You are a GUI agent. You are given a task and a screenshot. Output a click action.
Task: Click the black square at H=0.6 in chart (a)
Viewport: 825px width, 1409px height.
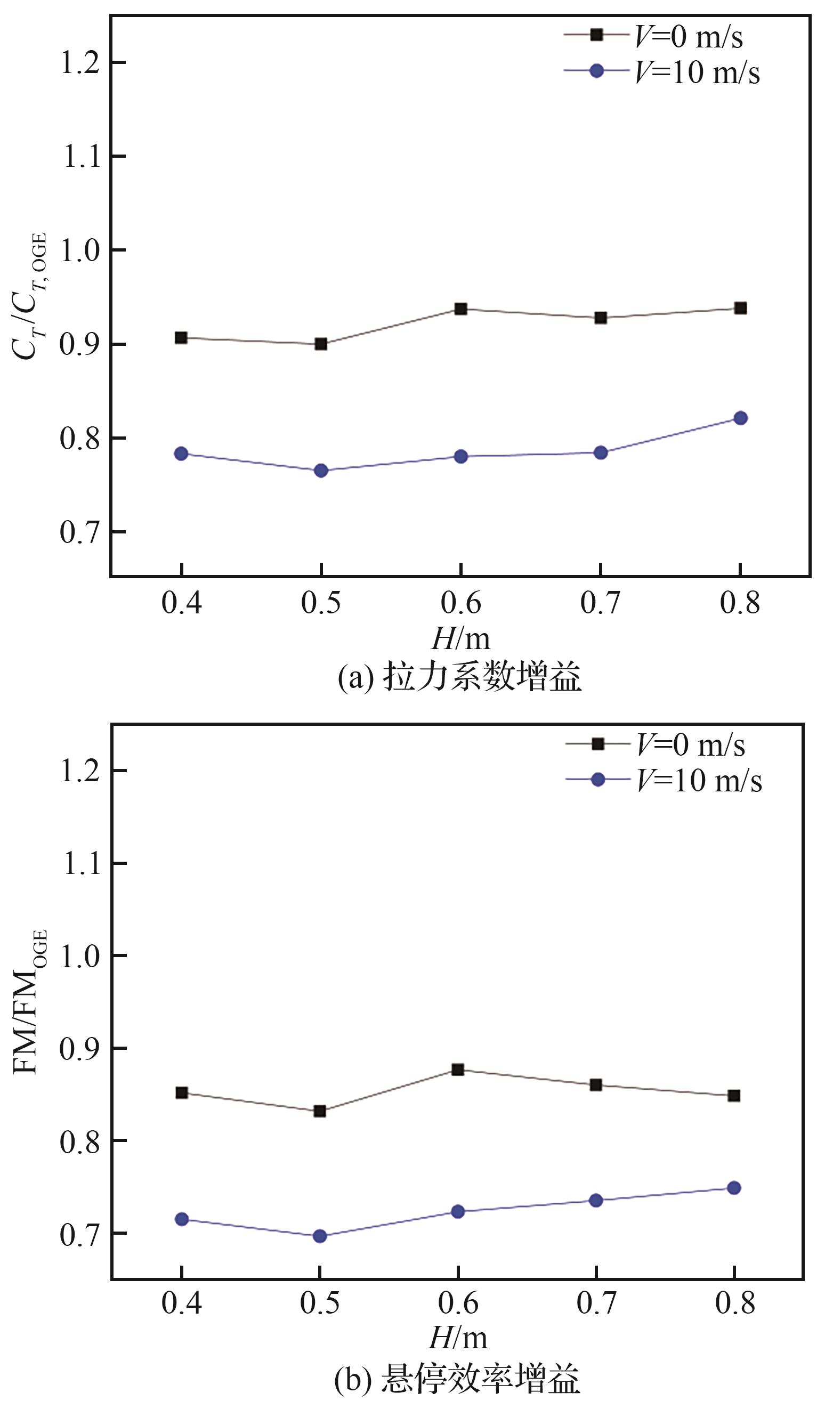pyautogui.click(x=460, y=309)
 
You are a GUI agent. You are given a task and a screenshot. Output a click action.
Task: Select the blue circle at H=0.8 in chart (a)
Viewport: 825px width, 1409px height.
pyautogui.click(x=740, y=418)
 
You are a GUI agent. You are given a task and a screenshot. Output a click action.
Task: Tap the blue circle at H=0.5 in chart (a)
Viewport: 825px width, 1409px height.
pyautogui.click(x=320, y=470)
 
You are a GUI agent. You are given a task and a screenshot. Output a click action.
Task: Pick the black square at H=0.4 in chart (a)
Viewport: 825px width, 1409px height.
pyautogui.click(x=181, y=337)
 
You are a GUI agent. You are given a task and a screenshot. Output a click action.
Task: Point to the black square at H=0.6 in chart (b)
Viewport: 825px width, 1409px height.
pyautogui.click(x=457, y=1070)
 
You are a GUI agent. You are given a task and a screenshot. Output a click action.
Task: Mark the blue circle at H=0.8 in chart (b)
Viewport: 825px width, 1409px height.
pyautogui.click(x=734, y=1188)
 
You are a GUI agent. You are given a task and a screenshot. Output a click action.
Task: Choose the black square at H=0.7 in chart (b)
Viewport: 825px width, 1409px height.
pyautogui.click(x=596, y=1084)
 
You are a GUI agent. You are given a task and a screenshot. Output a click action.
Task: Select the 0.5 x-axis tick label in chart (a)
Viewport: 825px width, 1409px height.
pyautogui.click(x=320, y=603)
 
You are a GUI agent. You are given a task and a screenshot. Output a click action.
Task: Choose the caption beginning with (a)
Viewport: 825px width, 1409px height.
pyautogui.click(x=459, y=677)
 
